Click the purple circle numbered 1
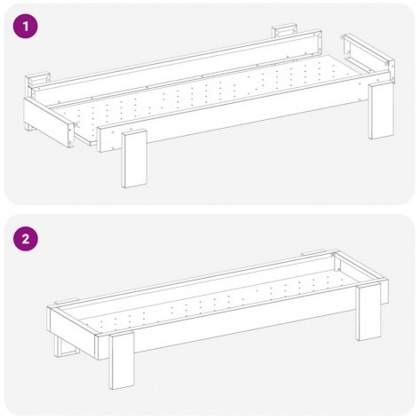(x=26, y=26)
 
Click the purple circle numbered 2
(x=26, y=239)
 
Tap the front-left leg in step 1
(x=135, y=160)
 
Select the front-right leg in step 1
(x=382, y=111)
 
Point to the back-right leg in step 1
(x=285, y=32)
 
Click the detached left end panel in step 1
(x=49, y=122)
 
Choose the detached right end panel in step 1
(x=368, y=57)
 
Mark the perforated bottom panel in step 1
(x=207, y=99)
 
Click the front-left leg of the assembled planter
(x=122, y=361)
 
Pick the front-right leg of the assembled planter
(x=368, y=312)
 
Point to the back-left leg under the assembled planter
(x=66, y=344)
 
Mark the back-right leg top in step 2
(x=313, y=252)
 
